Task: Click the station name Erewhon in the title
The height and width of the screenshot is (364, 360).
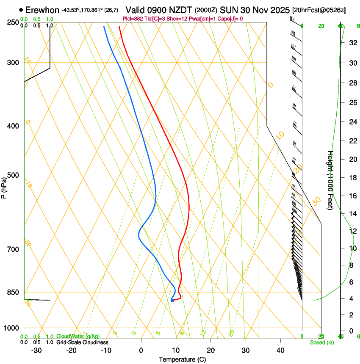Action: coord(42,10)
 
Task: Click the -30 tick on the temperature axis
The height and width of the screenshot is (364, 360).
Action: coord(36,350)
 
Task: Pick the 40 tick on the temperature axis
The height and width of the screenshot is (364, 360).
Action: coord(280,350)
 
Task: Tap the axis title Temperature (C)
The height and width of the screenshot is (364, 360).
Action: coord(182,359)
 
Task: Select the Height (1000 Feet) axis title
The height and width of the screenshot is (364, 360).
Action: coord(330,180)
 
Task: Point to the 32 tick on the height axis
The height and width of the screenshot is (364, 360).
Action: coord(352,43)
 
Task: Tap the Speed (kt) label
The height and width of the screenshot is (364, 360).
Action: coord(322,342)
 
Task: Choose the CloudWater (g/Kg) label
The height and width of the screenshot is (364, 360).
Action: coord(78,336)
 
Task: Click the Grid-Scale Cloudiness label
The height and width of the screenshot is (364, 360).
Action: coord(82,342)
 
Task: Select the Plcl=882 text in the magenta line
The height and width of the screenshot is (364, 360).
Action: coord(133,19)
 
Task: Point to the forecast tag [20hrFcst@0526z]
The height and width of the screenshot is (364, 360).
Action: coord(319,10)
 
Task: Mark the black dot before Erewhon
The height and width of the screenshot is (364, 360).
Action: coord(21,10)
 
